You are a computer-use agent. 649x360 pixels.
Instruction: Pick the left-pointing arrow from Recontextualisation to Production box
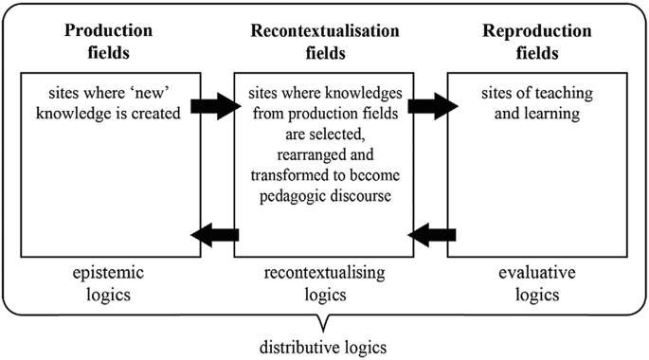216,232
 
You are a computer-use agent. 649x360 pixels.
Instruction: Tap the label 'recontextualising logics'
324,284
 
